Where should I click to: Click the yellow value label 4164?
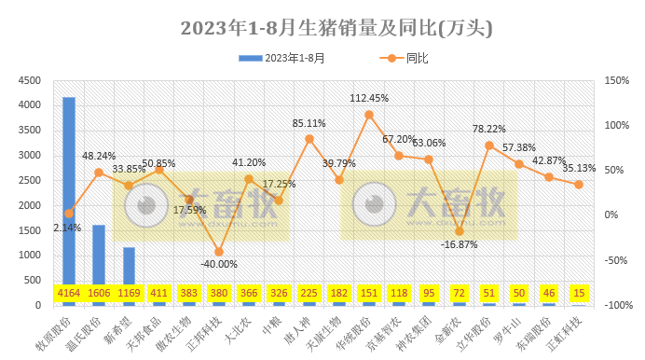point(69,293)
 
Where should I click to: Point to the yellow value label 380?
point(219,293)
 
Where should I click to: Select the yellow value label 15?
point(578,293)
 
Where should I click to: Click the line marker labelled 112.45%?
point(369,115)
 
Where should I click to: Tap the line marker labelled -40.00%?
point(219,252)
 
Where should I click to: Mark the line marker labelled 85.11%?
point(309,139)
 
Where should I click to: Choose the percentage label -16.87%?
point(459,245)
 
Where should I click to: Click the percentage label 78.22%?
point(488,130)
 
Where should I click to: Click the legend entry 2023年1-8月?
point(282,58)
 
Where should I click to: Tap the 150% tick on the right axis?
point(616,80)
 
